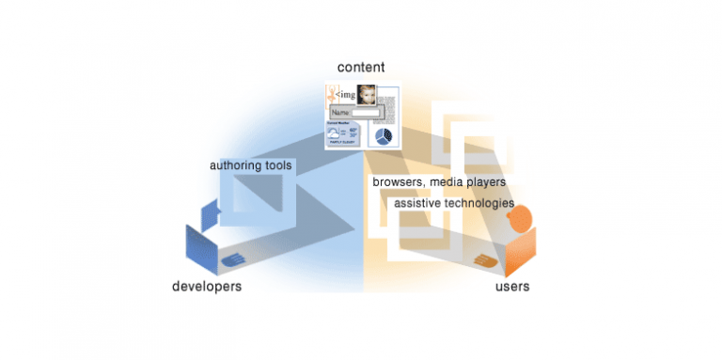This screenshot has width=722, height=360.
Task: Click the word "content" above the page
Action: [360, 68]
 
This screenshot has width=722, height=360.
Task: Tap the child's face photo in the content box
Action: [367, 95]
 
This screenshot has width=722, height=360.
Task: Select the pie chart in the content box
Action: [383, 137]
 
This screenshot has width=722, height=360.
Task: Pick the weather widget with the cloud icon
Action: [342, 133]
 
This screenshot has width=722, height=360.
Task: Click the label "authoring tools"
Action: [251, 165]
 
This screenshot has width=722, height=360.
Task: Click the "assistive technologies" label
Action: [453, 202]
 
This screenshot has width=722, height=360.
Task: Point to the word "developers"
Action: [206, 285]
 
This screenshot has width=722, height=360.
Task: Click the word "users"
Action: [511, 285]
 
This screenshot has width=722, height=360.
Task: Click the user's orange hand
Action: [485, 259]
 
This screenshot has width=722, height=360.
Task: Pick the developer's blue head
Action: [209, 214]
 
